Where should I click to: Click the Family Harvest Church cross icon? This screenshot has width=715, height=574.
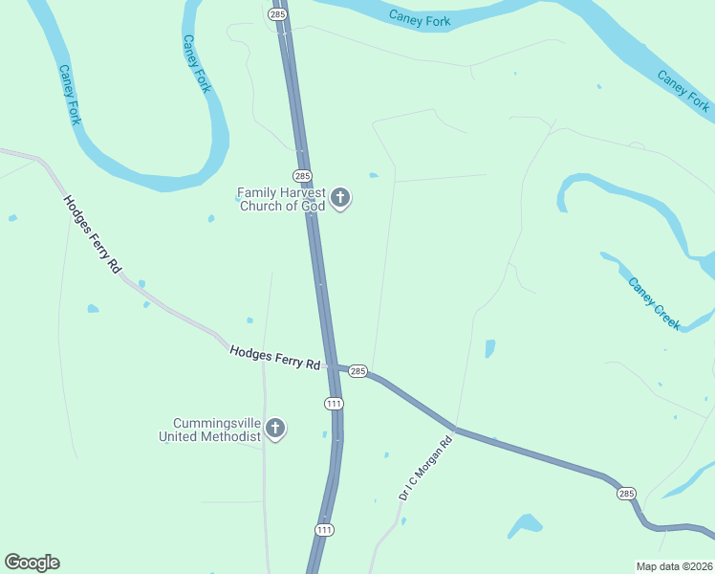[x=340, y=199]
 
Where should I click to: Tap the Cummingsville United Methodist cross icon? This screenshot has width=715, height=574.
[x=275, y=429]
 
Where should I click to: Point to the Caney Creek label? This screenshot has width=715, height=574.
[x=655, y=303]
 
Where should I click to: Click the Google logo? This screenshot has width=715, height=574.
[x=32, y=563]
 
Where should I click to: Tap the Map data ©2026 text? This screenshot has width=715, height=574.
[x=675, y=566]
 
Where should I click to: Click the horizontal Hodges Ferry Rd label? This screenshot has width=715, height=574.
[x=274, y=358]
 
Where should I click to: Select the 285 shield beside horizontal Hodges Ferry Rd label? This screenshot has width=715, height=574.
[x=357, y=371]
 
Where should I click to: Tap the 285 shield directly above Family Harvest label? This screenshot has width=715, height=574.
[x=302, y=176]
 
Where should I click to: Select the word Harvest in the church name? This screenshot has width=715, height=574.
[x=301, y=192]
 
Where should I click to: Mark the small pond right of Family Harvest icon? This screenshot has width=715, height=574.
[x=374, y=175]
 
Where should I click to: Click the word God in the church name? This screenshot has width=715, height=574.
[x=314, y=206]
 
